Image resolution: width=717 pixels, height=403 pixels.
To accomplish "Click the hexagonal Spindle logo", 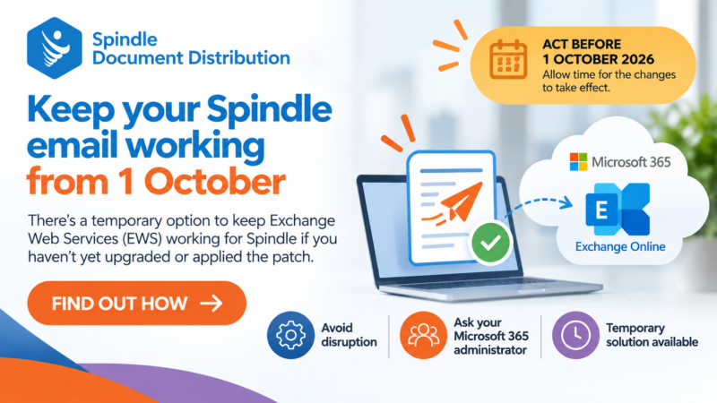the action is tap(55, 48).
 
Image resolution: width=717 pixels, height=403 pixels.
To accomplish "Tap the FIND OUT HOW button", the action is tap(137, 303).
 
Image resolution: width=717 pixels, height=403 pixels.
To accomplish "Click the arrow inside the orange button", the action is tap(212, 303).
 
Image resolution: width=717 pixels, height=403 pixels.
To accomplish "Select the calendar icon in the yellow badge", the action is tap(508, 59).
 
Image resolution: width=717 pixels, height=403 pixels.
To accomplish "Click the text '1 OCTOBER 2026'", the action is tap(598, 59).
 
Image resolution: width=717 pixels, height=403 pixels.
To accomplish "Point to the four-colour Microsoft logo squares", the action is tap(578, 162).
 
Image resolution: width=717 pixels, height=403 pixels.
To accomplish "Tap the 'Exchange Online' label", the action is tap(620, 247).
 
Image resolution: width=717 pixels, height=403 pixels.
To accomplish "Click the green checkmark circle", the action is tap(490, 243).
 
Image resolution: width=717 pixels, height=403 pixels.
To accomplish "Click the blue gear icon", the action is tap(290, 335).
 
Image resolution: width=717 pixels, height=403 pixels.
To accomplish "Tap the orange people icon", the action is tap(423, 335).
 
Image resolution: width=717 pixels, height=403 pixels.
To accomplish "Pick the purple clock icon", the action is tap(575, 335).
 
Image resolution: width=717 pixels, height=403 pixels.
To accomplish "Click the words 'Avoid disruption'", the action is tap(349, 335).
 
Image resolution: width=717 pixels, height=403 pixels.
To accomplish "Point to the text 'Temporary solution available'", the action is tap(652, 335).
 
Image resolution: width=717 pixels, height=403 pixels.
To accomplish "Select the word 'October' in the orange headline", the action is tap(215, 182).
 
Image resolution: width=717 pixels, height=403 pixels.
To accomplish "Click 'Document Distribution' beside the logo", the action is tap(191, 58).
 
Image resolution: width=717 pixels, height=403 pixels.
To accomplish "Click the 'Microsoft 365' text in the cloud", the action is tap(631, 162).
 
